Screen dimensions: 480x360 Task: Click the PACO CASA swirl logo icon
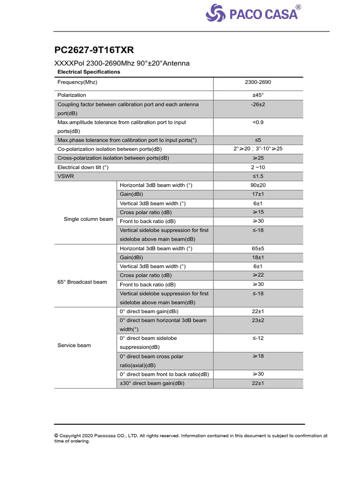click(216, 13)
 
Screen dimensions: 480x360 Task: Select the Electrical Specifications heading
click(89, 72)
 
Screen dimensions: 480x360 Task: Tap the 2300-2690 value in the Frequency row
click(258, 82)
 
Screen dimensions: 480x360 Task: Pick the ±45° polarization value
click(258, 95)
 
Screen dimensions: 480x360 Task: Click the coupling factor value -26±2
click(258, 105)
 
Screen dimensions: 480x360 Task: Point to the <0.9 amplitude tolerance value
click(258, 122)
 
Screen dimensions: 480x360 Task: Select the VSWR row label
click(65, 176)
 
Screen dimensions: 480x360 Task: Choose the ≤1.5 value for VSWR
click(258, 176)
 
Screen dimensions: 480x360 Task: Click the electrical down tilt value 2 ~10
click(258, 167)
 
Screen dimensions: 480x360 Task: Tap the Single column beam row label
click(88, 219)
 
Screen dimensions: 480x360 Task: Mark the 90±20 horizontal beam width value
click(258, 185)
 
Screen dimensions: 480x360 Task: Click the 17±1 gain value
click(258, 194)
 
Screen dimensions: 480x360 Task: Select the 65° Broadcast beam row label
click(82, 282)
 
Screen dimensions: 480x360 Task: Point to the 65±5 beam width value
click(258, 248)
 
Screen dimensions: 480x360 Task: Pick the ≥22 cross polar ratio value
click(258, 275)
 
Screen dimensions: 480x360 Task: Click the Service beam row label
click(74, 345)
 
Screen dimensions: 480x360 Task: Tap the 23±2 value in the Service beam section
click(258, 320)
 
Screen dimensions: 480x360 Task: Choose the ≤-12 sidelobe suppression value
click(258, 338)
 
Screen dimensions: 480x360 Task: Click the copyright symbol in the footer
click(57, 435)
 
